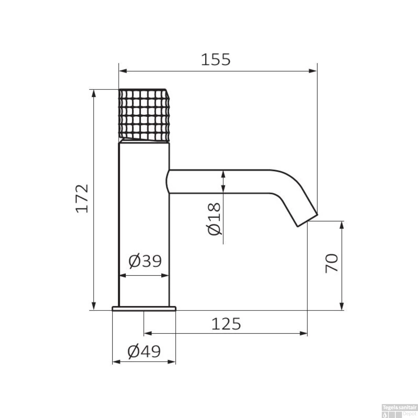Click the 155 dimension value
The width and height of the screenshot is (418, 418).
[x=216, y=59]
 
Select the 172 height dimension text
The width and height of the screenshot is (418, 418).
[x=82, y=198]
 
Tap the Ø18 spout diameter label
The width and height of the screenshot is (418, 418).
[x=214, y=219]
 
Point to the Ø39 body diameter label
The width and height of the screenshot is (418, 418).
[x=145, y=261]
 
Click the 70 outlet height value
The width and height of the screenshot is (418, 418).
[x=332, y=263]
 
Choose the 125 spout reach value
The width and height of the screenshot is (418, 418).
[x=226, y=324]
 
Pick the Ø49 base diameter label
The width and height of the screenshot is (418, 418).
[x=144, y=351]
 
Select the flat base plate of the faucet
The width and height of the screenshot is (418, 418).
[x=144, y=308]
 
